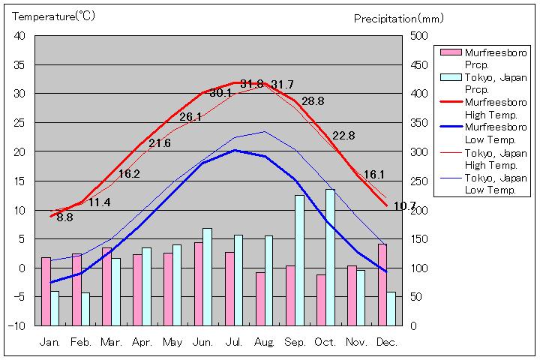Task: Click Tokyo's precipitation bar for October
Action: [x=330, y=257]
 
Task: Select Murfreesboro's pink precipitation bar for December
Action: [x=382, y=284]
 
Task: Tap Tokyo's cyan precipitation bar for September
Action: [x=299, y=260]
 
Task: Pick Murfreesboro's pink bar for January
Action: [x=46, y=291]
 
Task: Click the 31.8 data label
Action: [x=252, y=85]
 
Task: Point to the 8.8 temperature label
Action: [x=64, y=217]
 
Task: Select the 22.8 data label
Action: [x=343, y=136]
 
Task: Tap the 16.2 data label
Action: [x=129, y=174]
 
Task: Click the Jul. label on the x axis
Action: [x=234, y=342]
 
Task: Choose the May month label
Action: [x=172, y=342]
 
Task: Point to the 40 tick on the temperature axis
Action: [x=19, y=36]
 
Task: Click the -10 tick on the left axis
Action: [x=17, y=326]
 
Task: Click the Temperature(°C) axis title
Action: [x=54, y=16]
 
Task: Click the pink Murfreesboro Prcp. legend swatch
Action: [x=450, y=52]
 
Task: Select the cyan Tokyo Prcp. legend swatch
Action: [x=450, y=77]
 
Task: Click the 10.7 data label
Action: [x=404, y=206]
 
